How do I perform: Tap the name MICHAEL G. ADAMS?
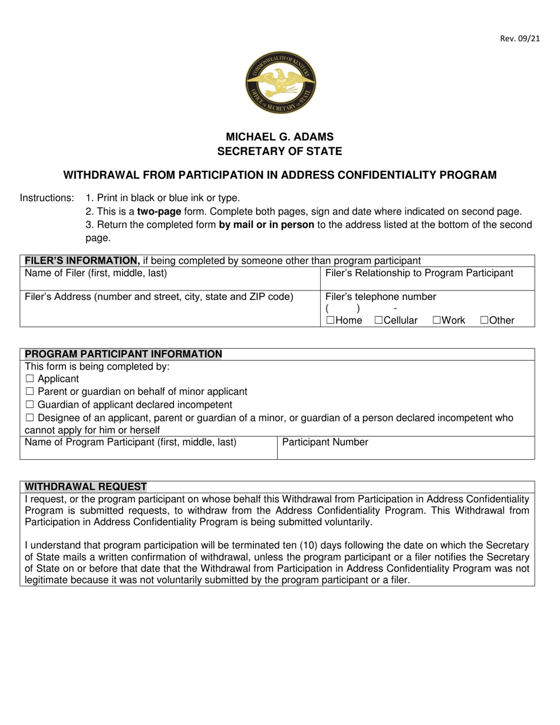coord(280,137)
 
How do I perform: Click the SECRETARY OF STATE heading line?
coord(280,151)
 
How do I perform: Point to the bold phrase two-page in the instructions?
coord(159,211)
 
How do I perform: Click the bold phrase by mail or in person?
coord(266,225)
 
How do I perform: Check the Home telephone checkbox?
coord(330,321)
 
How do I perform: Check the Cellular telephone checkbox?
coord(378,321)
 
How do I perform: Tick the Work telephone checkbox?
coord(437,321)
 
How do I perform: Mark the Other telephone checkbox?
coord(485,321)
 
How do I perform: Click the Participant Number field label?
coord(325,442)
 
